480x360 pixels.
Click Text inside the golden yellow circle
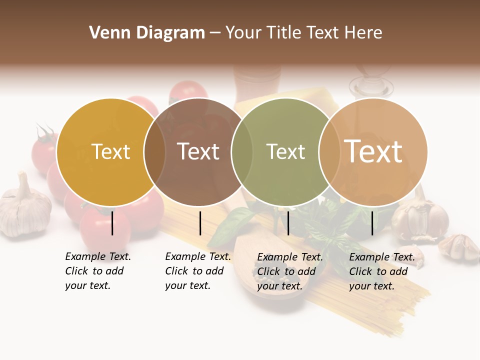tap(110, 151)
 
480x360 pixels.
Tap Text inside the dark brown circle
tap(198, 151)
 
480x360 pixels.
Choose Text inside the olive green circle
tap(285, 151)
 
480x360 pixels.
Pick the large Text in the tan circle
tap(373, 151)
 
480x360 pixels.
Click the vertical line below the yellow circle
tap(112, 223)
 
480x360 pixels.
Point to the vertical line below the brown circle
tap(200, 223)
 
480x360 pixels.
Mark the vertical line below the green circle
tap(288, 223)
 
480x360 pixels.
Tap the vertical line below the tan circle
tap(372, 223)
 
